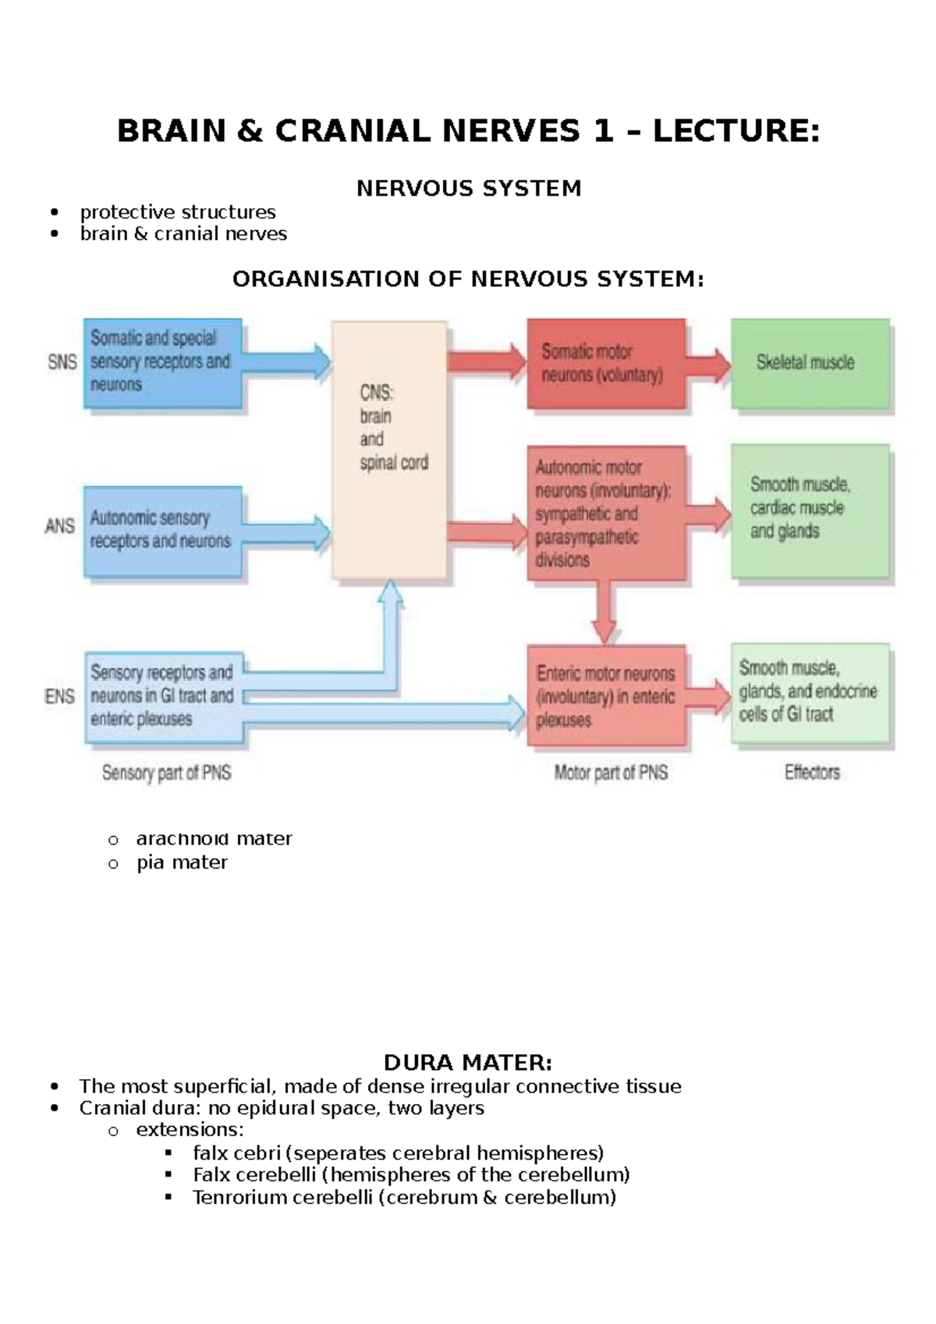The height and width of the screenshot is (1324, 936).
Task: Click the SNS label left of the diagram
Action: coord(62,362)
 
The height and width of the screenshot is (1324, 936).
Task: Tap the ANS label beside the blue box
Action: coord(60,526)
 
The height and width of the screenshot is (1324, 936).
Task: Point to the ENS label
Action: coord(60,696)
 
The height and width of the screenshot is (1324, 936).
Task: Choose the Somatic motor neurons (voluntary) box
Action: coord(605,363)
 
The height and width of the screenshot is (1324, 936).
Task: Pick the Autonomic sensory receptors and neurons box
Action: coord(162,530)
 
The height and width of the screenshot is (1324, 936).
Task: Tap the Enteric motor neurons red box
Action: coord(606,696)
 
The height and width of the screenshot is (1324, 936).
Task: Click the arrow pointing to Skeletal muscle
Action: coord(708,364)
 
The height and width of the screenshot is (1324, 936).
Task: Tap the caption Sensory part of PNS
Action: coord(167,773)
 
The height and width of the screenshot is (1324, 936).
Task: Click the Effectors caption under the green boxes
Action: coord(812,772)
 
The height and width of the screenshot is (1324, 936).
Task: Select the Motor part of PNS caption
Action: coord(611,773)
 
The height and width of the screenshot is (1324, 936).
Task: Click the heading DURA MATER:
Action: coord(468,1063)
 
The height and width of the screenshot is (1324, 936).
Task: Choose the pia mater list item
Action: coord(182,862)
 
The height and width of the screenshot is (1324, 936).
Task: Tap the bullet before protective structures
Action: coord(54,212)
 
